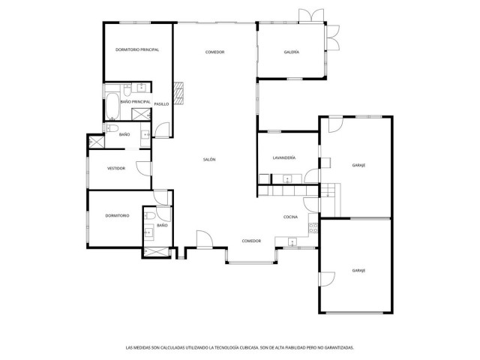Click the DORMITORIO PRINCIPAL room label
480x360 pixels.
tap(137, 49)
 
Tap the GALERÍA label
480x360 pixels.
tap(292, 52)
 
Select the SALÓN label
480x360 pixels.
tap(209, 159)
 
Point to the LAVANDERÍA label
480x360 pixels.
tap(283, 158)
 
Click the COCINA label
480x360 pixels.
tap(291, 217)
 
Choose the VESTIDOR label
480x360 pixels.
tap(115, 169)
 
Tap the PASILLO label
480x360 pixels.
tap(161, 103)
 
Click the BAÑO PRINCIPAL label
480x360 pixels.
tap(135, 102)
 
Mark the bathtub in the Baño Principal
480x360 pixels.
tap(111, 106)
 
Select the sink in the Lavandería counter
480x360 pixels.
tap(286, 178)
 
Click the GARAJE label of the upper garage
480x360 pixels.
tap(358, 165)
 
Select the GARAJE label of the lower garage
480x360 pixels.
tap(358, 270)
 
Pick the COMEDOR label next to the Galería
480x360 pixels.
tap(215, 52)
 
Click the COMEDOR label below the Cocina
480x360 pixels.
tap(251, 241)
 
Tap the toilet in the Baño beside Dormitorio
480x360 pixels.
tap(151, 216)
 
